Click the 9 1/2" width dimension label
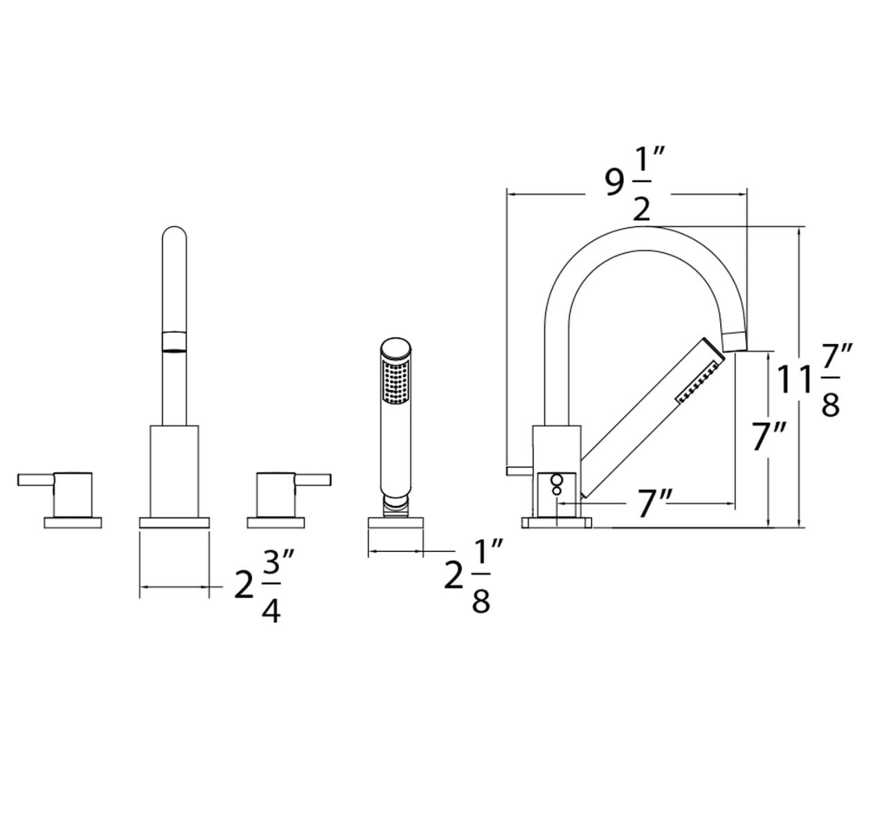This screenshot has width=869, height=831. coord(635,184)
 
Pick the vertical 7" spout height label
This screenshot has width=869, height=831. coord(769,436)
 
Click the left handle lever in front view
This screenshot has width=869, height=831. coord(36,480)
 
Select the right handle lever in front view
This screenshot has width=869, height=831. coord(312,480)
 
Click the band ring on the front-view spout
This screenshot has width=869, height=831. coord(174,343)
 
